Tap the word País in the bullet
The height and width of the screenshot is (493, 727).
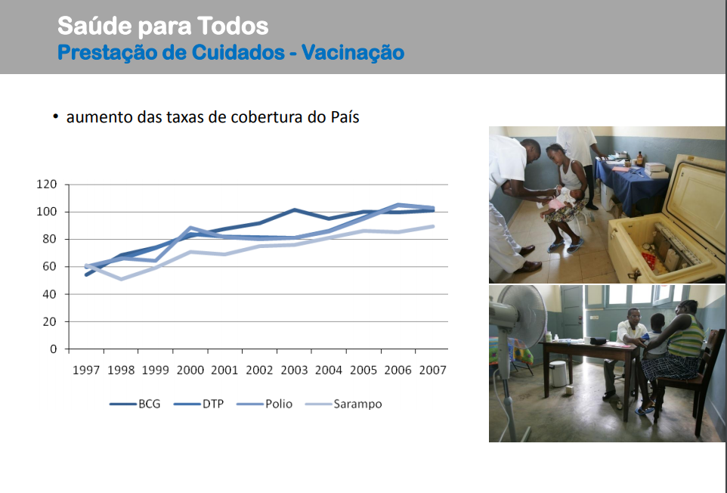[x=345, y=117]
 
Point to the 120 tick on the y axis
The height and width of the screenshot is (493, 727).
[x=46, y=184]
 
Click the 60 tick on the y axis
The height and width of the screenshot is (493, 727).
[x=50, y=266]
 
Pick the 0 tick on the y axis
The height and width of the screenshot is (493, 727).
[x=54, y=349]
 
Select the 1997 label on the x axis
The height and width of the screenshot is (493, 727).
[x=86, y=370]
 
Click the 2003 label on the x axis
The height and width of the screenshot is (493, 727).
[x=295, y=370]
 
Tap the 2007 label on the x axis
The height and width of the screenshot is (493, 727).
[x=432, y=370]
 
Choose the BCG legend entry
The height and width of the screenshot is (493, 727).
[x=135, y=404]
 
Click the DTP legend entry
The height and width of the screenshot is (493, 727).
[x=199, y=404]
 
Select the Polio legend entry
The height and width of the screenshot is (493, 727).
[x=265, y=404]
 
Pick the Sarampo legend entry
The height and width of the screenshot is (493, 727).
[x=344, y=404]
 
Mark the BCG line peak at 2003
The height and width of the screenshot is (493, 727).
[x=295, y=210]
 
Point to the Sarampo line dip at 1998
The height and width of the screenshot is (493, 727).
[x=121, y=279]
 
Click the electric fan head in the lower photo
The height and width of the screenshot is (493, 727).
[x=520, y=316]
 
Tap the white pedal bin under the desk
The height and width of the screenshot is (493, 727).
[x=558, y=374]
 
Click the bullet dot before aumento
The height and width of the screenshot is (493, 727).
[x=56, y=116]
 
